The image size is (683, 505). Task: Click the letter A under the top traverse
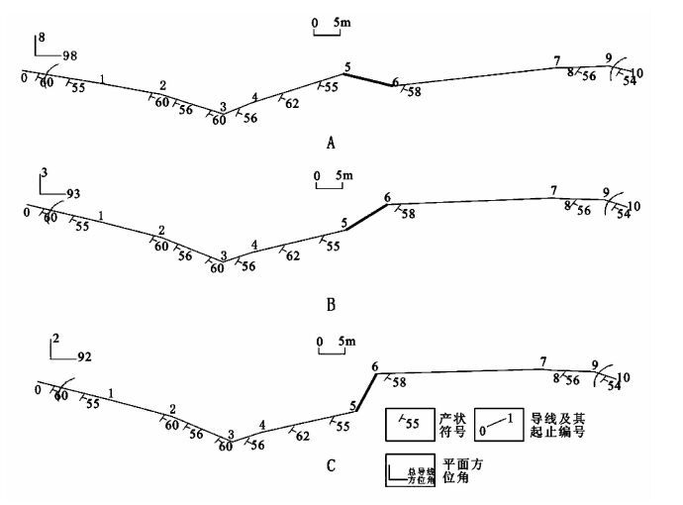[331, 142]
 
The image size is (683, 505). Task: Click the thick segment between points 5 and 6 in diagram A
[370, 78]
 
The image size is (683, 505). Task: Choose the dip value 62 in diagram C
[303, 434]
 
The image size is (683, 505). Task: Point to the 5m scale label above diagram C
[346, 342]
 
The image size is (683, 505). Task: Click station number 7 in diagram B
[554, 190]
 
